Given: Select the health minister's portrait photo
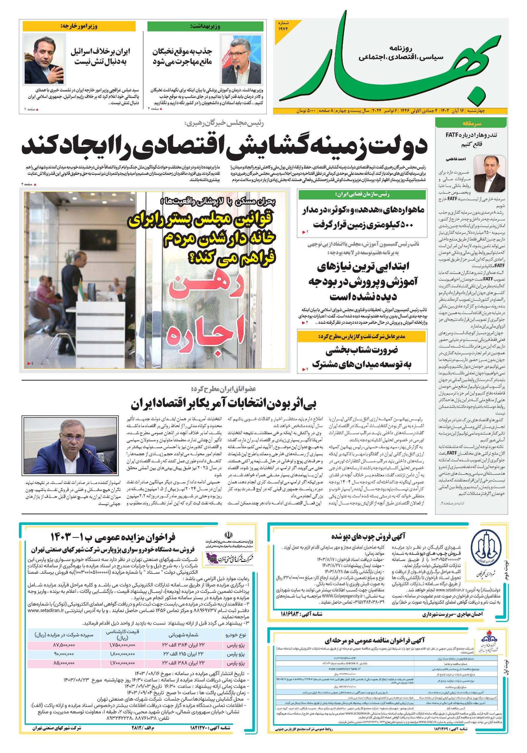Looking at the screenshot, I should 241,59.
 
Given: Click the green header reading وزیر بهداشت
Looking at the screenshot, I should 205,26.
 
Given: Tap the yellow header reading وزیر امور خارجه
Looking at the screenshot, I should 79,26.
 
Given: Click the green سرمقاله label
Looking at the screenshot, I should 471,124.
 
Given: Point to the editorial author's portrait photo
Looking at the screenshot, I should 489,174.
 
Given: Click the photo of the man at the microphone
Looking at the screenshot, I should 71,445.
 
